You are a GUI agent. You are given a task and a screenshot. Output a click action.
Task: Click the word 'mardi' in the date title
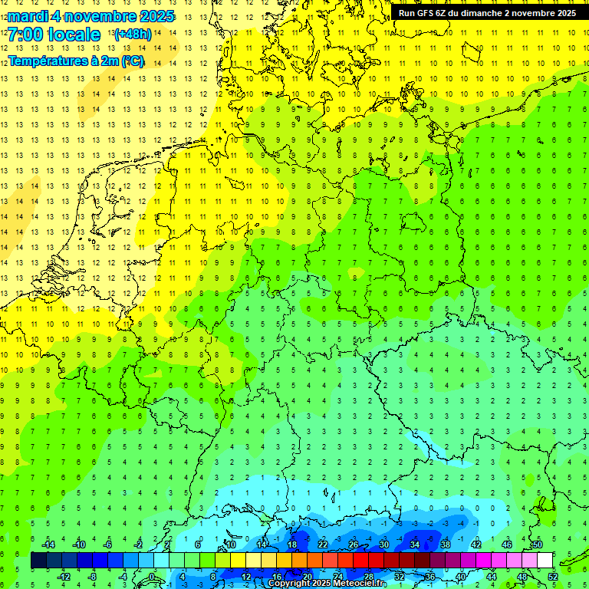(29, 16)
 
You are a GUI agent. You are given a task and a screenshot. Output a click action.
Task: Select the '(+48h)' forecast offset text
(133, 35)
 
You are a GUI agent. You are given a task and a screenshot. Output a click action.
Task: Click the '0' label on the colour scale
(152, 577)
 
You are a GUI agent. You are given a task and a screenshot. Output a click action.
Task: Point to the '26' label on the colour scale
(354, 545)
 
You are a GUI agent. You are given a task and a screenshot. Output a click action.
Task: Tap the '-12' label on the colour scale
(64, 577)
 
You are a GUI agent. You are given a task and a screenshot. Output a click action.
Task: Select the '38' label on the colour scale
(446, 545)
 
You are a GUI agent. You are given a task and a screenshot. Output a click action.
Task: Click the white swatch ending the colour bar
(545, 561)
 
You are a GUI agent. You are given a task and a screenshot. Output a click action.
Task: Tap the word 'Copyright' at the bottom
(289, 584)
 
